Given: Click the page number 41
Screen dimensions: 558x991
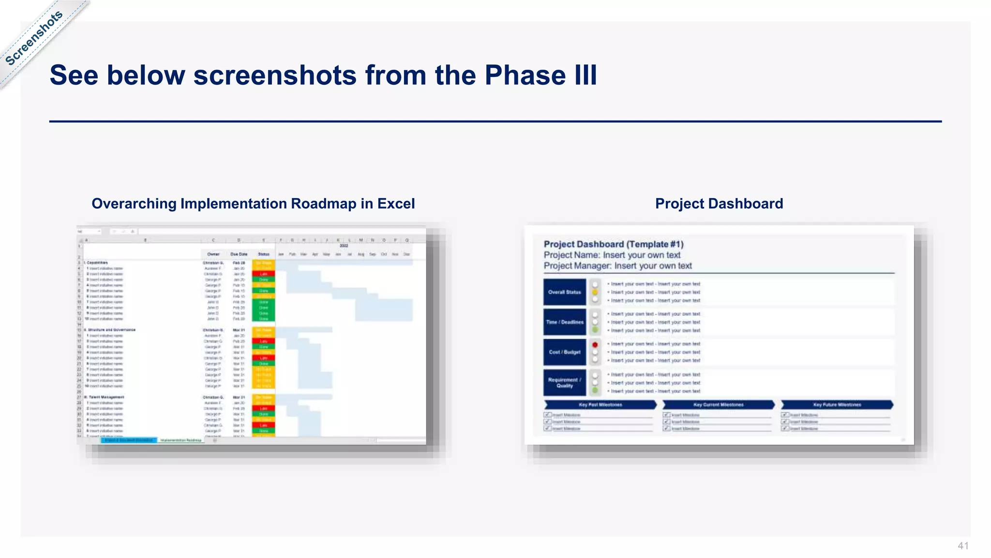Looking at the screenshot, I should [963, 546].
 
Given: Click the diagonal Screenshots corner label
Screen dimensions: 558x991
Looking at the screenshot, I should [34, 38].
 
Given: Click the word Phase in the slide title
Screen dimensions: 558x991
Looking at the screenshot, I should [525, 75].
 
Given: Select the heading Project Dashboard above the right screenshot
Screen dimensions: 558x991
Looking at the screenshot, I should [719, 203].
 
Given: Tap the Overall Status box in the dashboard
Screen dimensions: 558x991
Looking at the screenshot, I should [564, 292].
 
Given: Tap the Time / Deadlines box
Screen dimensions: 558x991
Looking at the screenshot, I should [564, 322].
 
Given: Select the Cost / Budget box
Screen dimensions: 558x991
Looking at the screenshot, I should [564, 352].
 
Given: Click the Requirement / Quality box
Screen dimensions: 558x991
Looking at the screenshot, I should [564, 383].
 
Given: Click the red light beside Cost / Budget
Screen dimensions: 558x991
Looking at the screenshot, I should [595, 345].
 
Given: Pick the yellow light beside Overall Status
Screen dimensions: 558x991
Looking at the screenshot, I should [595, 292].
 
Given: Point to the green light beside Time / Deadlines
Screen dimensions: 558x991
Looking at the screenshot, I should [595, 330].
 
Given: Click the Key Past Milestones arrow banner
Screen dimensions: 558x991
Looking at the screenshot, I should [600, 404].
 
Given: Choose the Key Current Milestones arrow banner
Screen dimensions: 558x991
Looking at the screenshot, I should [718, 404].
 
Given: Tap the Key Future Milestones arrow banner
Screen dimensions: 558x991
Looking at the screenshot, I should [837, 404].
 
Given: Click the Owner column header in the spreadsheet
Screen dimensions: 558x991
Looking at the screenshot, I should [213, 254].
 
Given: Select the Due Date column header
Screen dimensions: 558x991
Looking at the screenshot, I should [239, 254].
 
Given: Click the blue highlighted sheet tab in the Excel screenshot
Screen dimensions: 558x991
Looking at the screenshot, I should [129, 440].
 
